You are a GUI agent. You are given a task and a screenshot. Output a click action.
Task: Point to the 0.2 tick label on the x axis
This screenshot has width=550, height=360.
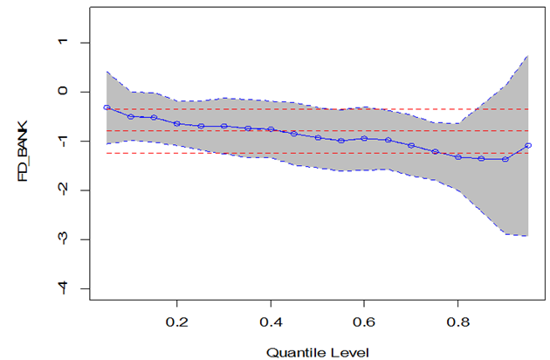click(177, 321)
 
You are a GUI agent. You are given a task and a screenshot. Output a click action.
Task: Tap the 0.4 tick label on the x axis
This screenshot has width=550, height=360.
click(272, 321)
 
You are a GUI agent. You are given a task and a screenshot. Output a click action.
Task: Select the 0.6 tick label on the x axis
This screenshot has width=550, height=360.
click(365, 321)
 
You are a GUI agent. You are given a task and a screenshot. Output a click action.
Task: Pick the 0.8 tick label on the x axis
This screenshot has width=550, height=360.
click(459, 321)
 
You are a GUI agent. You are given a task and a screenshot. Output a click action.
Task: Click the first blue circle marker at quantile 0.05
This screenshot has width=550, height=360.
click(107, 107)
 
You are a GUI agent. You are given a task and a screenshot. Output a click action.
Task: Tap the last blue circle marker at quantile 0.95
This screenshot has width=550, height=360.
click(529, 145)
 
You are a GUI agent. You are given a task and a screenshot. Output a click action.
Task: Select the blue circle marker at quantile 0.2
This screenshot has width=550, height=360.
click(177, 124)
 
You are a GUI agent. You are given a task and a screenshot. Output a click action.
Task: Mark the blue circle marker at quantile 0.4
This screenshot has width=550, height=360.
click(271, 129)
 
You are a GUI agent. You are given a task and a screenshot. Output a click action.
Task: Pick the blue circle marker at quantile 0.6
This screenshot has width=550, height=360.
click(365, 138)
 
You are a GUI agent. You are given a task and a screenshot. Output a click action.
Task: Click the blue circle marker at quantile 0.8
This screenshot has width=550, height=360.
click(458, 157)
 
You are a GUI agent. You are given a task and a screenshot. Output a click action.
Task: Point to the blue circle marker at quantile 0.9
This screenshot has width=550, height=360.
click(505, 159)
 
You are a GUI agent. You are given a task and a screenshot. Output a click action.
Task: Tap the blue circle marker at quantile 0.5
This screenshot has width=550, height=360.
click(318, 138)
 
